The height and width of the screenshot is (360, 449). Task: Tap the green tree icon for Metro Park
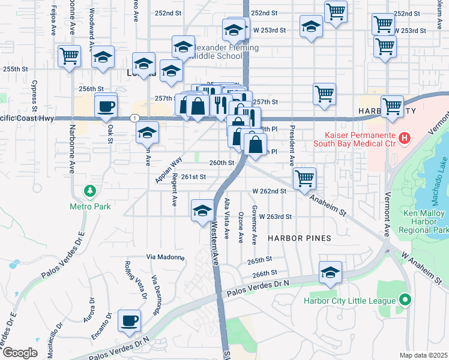pos(90,191)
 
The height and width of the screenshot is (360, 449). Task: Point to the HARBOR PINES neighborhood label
pos(300,238)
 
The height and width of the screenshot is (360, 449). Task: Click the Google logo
pos(20,353)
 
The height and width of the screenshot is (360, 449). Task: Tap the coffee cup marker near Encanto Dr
pos(129,320)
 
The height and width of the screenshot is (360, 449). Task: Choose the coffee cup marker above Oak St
pos(106,106)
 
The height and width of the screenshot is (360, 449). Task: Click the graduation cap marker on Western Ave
pos(202,210)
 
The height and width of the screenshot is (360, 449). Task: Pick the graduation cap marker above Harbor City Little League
pos(330,272)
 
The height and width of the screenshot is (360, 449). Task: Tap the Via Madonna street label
pos(165,257)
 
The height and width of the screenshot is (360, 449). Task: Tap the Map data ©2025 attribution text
pos(424,355)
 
